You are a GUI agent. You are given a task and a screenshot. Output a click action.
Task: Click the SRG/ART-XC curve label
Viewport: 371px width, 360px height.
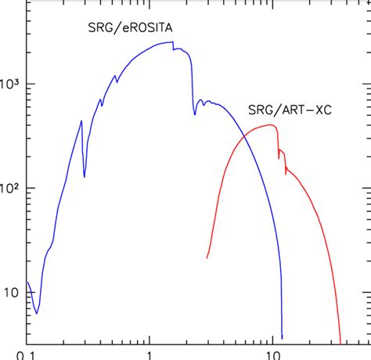coord(289,111)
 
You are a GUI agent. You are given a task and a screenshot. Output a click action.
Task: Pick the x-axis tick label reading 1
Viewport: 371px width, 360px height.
coord(147,354)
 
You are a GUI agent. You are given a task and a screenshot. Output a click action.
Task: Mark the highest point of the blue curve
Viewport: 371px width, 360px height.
coord(171,43)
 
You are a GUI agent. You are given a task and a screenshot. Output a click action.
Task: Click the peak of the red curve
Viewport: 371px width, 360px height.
coord(271,124)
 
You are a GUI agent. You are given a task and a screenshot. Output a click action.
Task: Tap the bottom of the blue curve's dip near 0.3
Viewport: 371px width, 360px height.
coord(85,178)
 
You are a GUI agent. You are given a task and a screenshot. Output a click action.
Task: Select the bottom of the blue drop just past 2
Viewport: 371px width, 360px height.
coord(195,114)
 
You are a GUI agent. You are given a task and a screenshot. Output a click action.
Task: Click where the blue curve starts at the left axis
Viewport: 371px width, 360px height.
coord(27,283)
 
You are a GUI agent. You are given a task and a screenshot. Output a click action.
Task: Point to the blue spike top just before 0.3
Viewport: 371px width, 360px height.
coord(81,121)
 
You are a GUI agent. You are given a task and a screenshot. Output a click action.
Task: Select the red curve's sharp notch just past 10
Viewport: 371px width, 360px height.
coord(279,159)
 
